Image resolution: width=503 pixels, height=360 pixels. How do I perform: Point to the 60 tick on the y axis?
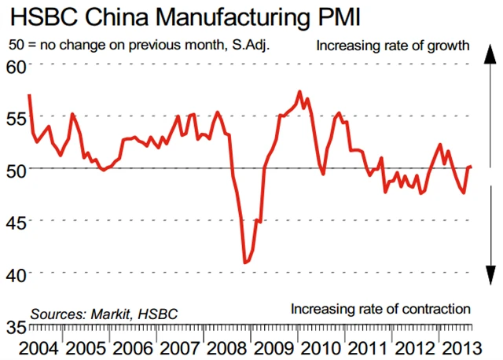pyautogui.click(x=15, y=64)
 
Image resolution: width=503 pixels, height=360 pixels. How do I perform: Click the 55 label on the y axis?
pyautogui.click(x=15, y=116)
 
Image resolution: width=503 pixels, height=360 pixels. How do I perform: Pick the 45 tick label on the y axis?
pyautogui.click(x=15, y=221)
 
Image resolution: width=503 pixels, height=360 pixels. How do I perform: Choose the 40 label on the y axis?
pyautogui.click(x=15, y=273)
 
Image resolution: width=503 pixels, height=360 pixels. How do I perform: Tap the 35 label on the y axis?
pyautogui.click(x=15, y=325)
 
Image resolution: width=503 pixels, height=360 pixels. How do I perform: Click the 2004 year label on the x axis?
pyautogui.click(x=38, y=347)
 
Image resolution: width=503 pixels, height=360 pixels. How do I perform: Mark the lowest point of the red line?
pyautogui.click(x=244, y=262)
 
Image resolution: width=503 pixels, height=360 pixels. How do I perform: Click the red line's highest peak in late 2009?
pyautogui.click(x=299, y=91)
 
